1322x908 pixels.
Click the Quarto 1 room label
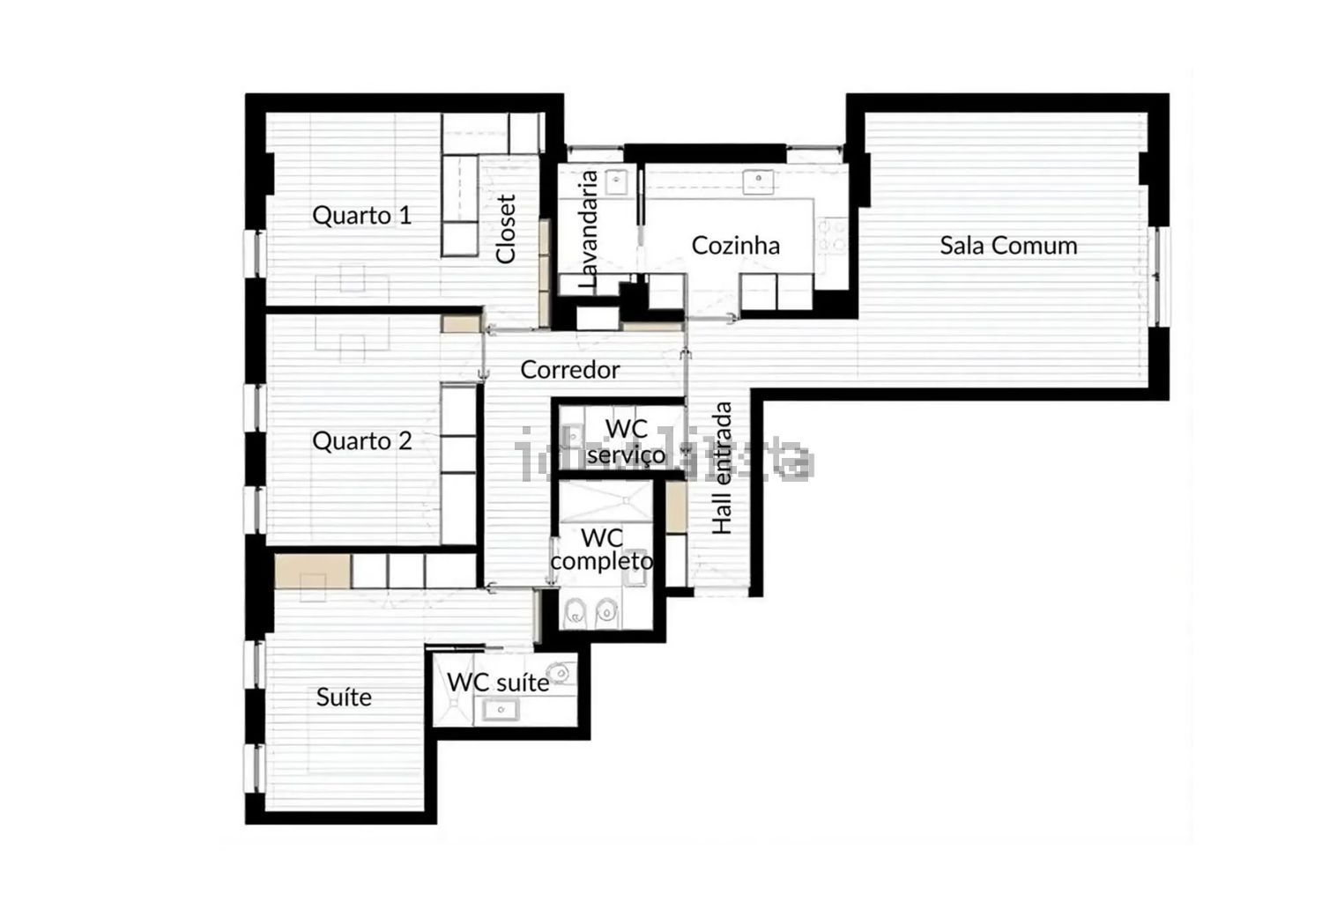pyautogui.click(x=361, y=216)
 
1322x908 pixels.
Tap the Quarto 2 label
pyautogui.click(x=361, y=441)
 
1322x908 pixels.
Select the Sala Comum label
pyautogui.click(x=1008, y=246)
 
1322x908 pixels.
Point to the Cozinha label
pyautogui.click(x=735, y=246)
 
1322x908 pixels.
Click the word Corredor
pyautogui.click(x=569, y=370)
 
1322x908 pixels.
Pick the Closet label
pyautogui.click(x=507, y=229)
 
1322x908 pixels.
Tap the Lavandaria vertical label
pyautogui.click(x=589, y=230)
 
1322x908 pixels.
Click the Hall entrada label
pyautogui.click(x=722, y=469)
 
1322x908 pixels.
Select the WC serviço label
pyautogui.click(x=626, y=442)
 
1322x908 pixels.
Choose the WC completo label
pyautogui.click(x=602, y=550)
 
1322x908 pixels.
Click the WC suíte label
pyautogui.click(x=498, y=683)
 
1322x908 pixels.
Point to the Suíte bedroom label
pyautogui.click(x=344, y=698)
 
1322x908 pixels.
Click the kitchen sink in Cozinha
pyautogui.click(x=758, y=181)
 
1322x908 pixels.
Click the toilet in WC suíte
pyautogui.click(x=559, y=672)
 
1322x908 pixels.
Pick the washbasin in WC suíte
pyautogui.click(x=501, y=710)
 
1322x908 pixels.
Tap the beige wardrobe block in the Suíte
pyautogui.click(x=313, y=571)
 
